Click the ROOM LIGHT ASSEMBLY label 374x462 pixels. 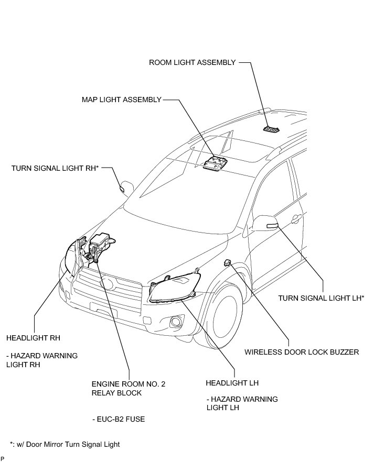[x=193, y=62]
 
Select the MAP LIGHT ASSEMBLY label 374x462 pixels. [x=121, y=100]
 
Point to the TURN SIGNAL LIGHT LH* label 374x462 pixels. [x=321, y=298]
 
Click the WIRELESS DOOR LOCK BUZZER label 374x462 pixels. [x=302, y=351]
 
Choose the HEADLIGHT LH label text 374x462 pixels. [x=232, y=383]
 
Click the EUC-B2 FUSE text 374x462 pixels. [x=118, y=419]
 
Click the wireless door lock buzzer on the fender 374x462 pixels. [x=228, y=262]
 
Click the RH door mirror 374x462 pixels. [x=127, y=186]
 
